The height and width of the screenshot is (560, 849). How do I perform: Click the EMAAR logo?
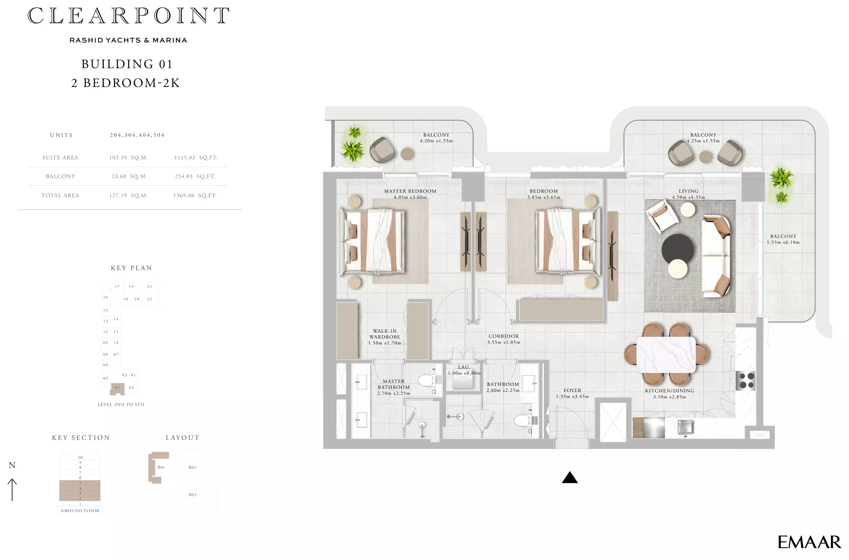click(x=809, y=542)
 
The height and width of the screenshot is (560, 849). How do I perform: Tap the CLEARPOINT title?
click(x=128, y=16)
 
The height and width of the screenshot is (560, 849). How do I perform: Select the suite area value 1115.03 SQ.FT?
click(x=196, y=158)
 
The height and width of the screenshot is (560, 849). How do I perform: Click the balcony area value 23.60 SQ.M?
click(x=129, y=176)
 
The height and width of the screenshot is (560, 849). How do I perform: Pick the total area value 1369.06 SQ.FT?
click(x=195, y=196)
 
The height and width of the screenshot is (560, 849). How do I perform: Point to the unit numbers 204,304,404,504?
click(x=137, y=135)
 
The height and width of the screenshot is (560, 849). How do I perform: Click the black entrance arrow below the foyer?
click(x=570, y=477)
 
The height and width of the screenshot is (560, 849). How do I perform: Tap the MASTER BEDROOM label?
click(x=410, y=191)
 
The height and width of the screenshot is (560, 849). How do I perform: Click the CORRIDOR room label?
click(x=504, y=336)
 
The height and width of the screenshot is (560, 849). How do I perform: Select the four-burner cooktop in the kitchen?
click(x=746, y=380)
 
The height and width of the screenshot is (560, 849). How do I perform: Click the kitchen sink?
click(x=686, y=427)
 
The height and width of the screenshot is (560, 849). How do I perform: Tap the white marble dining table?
click(x=666, y=355)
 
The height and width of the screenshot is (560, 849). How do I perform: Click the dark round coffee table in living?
click(x=677, y=249)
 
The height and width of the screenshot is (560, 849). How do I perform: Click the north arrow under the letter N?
click(x=12, y=490)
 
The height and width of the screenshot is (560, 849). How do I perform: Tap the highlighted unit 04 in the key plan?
click(x=117, y=388)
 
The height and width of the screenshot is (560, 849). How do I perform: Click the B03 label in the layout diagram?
click(x=192, y=495)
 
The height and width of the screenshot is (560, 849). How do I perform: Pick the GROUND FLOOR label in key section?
click(x=80, y=511)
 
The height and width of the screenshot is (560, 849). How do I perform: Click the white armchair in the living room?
click(x=661, y=216)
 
